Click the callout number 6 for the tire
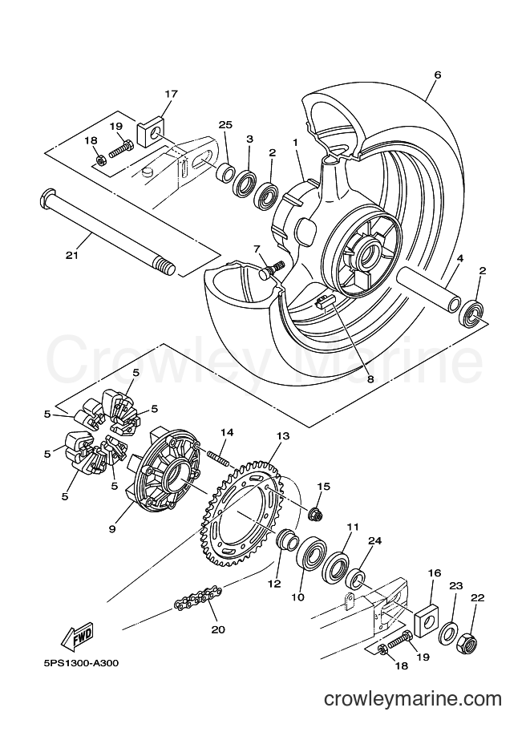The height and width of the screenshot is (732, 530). (x=437, y=75)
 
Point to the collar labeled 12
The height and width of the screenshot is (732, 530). (x=287, y=543)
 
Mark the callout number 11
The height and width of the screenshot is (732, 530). (x=353, y=527)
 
